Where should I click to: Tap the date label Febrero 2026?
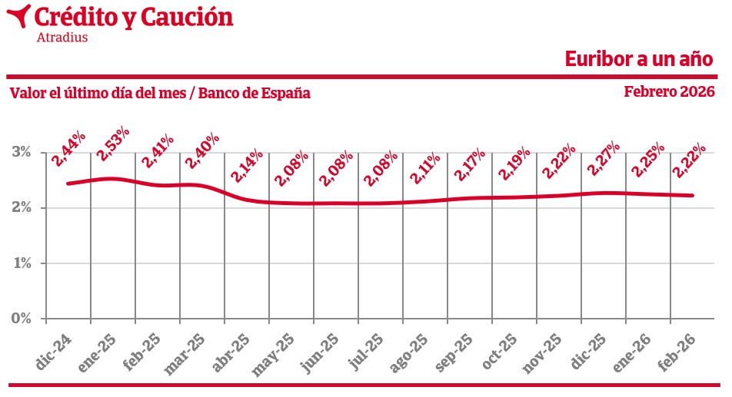[669, 91]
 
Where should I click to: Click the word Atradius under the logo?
[62, 37]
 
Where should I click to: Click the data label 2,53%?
[112, 143]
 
